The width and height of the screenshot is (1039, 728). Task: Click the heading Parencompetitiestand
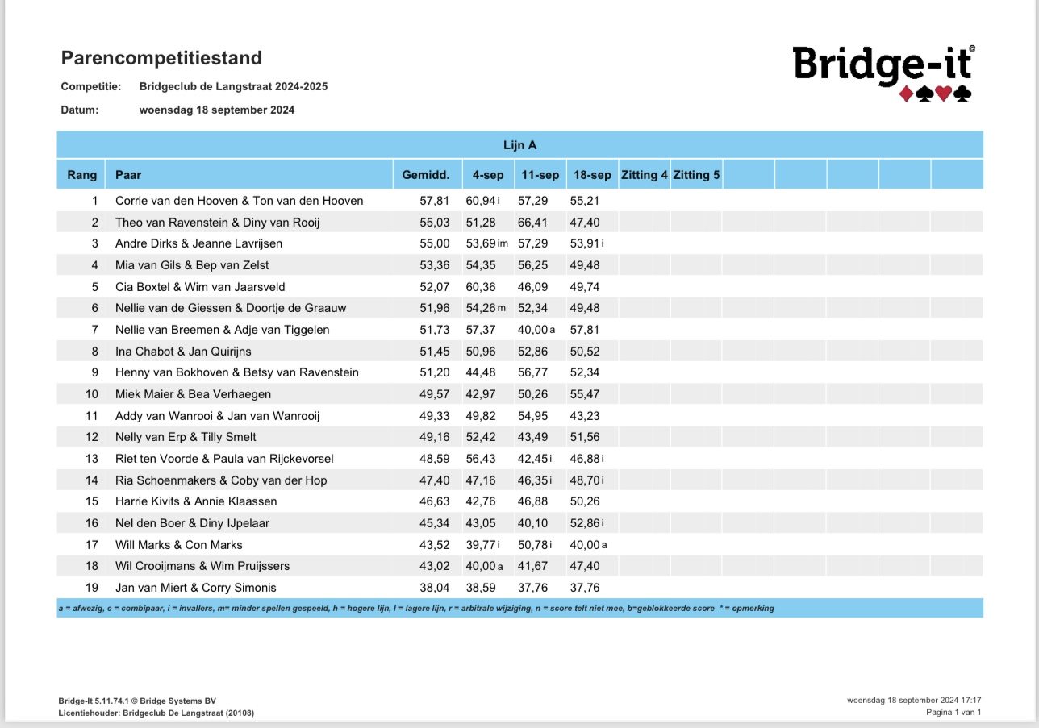coord(161,58)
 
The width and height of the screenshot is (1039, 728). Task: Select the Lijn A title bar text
coord(519,145)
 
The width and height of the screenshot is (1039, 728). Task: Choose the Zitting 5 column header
coord(696,175)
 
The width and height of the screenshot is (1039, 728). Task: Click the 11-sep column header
coord(539,175)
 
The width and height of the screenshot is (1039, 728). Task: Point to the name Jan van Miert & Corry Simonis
coord(196,588)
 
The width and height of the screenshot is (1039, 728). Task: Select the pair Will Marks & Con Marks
coord(179,545)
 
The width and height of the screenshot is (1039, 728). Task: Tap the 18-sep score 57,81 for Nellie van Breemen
coord(584,330)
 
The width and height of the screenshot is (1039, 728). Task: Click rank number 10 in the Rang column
coord(91,394)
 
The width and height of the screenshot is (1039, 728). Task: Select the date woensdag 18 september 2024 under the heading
coord(217,110)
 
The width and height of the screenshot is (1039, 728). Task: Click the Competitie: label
coord(90,86)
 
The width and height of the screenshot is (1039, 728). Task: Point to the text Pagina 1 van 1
coord(953,713)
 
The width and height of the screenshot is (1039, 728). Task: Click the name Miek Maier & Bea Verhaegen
coord(194,394)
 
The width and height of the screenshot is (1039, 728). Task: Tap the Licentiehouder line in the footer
coord(158,713)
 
